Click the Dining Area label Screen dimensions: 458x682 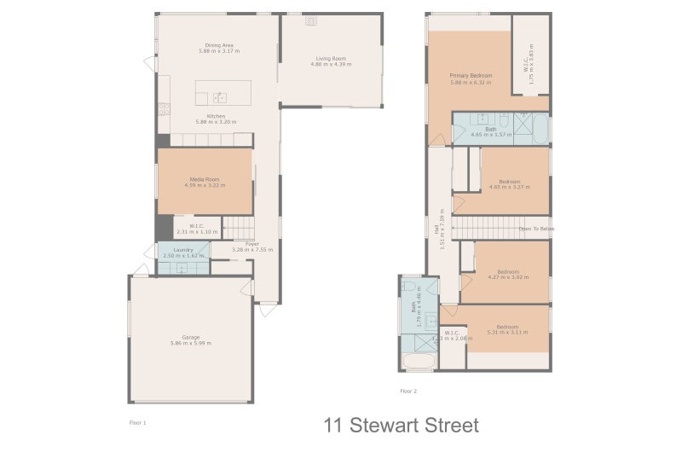219,45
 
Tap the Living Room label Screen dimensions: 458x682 328,58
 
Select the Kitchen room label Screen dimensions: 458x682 216,116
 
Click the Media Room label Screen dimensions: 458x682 205,179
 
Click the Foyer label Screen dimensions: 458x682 252,244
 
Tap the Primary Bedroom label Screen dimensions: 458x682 471,76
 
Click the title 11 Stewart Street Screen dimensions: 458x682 401,425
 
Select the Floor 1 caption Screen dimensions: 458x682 138,422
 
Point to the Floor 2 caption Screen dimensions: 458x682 408,391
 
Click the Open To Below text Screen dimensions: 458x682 537,229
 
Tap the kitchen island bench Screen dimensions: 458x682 223,92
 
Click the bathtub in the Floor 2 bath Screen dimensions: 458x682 419,363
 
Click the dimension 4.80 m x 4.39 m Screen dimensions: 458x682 328,65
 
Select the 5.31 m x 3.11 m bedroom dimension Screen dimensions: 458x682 508,333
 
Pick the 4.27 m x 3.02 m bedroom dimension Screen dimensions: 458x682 508,277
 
